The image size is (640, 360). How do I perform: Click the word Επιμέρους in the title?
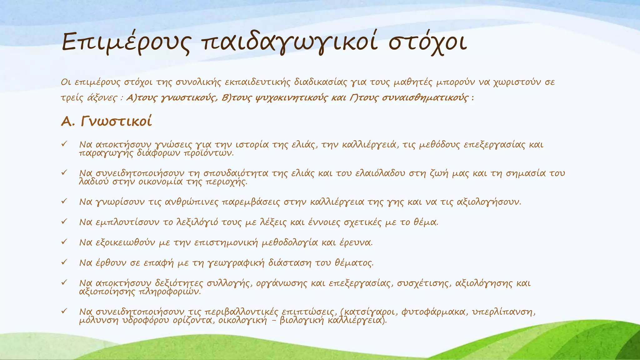[x=125, y=43]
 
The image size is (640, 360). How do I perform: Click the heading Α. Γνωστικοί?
[x=106, y=121]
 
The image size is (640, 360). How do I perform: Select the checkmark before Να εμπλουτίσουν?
[x=64, y=222]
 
